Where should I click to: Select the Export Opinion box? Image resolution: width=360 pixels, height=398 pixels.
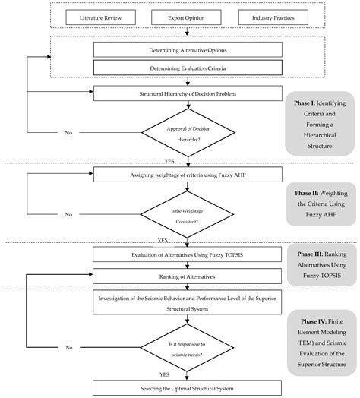tap(180, 16)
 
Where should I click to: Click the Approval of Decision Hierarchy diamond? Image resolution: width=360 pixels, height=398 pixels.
tap(180, 132)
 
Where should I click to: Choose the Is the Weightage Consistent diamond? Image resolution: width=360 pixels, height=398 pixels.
tap(180, 214)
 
